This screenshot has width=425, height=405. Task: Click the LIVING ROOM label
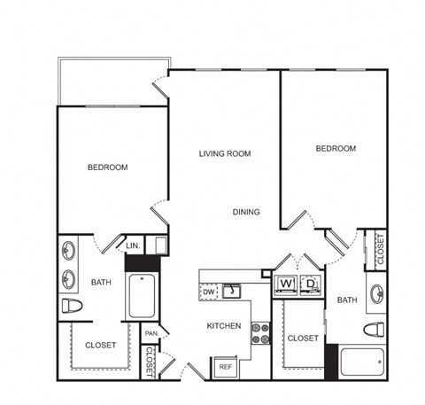(x=225, y=153)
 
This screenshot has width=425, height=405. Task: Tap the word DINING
(x=246, y=212)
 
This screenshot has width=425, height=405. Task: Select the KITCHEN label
(x=224, y=326)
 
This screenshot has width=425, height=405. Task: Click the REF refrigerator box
(x=226, y=367)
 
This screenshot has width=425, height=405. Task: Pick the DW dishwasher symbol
(x=209, y=292)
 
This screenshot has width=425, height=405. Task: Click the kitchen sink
(x=232, y=291)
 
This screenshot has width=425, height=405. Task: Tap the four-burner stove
(x=260, y=333)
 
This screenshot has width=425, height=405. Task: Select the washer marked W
(x=285, y=285)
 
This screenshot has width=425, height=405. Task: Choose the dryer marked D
(x=311, y=285)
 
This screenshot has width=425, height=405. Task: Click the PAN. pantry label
(x=152, y=333)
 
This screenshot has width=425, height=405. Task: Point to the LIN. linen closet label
(x=133, y=245)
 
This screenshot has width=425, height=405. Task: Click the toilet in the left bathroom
(x=72, y=306)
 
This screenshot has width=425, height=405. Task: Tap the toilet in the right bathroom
(x=374, y=330)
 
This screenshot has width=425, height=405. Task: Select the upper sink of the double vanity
(x=68, y=251)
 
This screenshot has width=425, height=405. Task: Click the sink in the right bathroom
(x=377, y=294)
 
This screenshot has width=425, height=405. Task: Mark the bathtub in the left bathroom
(x=142, y=296)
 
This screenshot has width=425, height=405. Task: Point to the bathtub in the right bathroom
(x=362, y=362)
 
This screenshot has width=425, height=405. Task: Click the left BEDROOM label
(x=108, y=167)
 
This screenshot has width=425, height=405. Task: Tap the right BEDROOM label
(x=336, y=148)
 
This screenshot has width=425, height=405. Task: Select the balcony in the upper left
(x=113, y=82)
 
